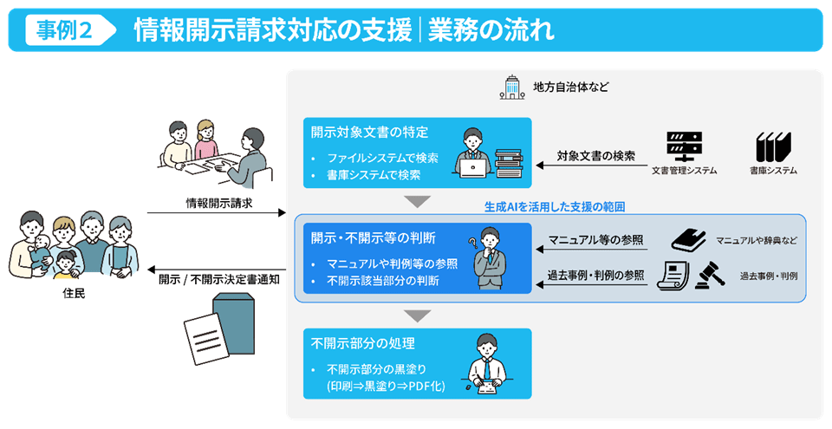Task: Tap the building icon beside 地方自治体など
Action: pyautogui.click(x=511, y=87)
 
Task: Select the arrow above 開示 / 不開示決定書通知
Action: pyautogui.click(x=217, y=270)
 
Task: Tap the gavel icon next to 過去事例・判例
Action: pyautogui.click(x=710, y=276)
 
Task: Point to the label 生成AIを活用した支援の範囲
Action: pyautogui.click(x=555, y=207)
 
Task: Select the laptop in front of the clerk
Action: pyautogui.click(x=473, y=169)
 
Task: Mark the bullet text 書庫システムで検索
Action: pyautogui.click(x=374, y=175)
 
